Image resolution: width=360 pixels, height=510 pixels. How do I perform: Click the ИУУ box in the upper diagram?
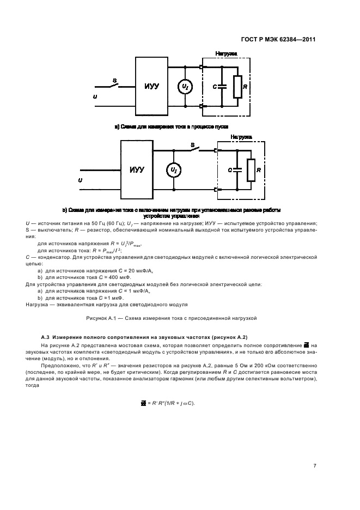tap(151, 87)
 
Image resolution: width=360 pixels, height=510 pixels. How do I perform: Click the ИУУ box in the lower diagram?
tap(137, 170)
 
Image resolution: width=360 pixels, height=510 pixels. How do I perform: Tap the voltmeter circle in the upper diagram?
tap(185, 87)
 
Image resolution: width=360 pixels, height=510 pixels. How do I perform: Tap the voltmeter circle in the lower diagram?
tap(174, 170)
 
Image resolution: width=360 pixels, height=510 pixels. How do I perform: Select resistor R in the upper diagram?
tap(237, 87)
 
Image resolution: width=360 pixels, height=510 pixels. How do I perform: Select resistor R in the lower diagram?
tap(251, 170)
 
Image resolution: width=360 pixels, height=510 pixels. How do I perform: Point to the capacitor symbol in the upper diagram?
tap(222, 87)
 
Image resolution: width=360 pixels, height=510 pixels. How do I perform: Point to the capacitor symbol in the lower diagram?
tap(238, 170)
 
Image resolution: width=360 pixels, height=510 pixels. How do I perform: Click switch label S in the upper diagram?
tap(114, 81)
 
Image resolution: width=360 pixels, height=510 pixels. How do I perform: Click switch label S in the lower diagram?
tap(192, 144)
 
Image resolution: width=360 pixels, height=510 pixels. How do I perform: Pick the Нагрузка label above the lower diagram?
tap(241, 137)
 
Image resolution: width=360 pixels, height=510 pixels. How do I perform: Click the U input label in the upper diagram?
tap(96, 96)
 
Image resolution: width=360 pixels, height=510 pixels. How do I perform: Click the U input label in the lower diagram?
tap(80, 180)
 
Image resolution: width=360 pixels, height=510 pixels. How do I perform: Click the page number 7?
tap(315, 465)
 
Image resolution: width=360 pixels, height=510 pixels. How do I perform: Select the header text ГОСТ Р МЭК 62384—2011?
tap(278, 39)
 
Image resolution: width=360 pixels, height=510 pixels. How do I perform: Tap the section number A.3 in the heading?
tap(46, 337)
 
